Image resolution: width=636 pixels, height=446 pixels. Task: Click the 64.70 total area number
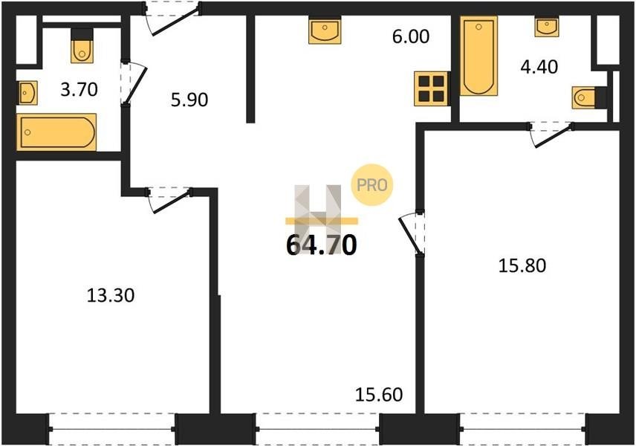tap(322, 245)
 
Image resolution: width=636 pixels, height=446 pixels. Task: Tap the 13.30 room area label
tap(111, 295)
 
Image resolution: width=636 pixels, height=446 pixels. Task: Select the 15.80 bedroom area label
tap(522, 265)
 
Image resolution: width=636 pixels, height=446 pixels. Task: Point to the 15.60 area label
tap(379, 395)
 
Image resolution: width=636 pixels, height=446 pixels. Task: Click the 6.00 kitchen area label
tap(410, 36)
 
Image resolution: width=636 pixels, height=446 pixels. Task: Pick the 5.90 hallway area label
tap(189, 100)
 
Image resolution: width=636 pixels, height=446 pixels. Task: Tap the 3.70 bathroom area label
tap(79, 89)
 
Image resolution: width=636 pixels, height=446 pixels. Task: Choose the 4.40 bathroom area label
tap(539, 67)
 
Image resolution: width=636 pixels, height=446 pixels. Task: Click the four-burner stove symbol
tap(431, 88)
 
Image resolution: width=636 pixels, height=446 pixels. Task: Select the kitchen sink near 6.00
tap(325, 30)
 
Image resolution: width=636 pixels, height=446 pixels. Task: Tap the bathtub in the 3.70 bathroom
tap(56, 132)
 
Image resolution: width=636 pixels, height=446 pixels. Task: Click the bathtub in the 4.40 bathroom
tap(478, 56)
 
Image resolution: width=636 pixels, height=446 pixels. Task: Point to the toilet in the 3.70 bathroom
tap(82, 46)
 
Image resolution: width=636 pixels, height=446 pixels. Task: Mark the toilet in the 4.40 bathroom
tap(589, 97)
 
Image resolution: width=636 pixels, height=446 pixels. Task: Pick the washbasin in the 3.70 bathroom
tap(27, 93)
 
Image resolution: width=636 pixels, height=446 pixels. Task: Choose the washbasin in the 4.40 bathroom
tap(546, 27)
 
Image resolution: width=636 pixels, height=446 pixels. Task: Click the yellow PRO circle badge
tap(372, 185)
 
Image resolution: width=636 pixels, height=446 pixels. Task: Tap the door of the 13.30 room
tap(169, 199)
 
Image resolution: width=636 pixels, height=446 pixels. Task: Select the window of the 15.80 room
tap(522, 429)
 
